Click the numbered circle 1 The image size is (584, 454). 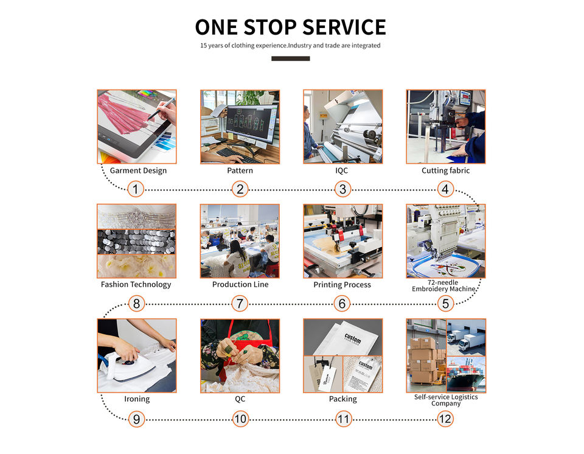[136, 189]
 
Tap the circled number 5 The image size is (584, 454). [445, 303]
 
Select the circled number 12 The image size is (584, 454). [445, 419]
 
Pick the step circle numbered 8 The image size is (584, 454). [136, 303]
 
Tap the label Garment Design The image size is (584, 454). [138, 170]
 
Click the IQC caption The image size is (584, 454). [342, 170]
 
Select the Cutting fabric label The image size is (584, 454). [445, 170]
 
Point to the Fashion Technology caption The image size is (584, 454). [136, 284]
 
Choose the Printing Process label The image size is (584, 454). [342, 285]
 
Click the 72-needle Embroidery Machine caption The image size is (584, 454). [445, 285]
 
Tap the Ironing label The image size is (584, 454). [137, 399]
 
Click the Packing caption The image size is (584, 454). [343, 399]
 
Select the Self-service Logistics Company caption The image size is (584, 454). [445, 400]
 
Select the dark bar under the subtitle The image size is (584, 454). [290, 59]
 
